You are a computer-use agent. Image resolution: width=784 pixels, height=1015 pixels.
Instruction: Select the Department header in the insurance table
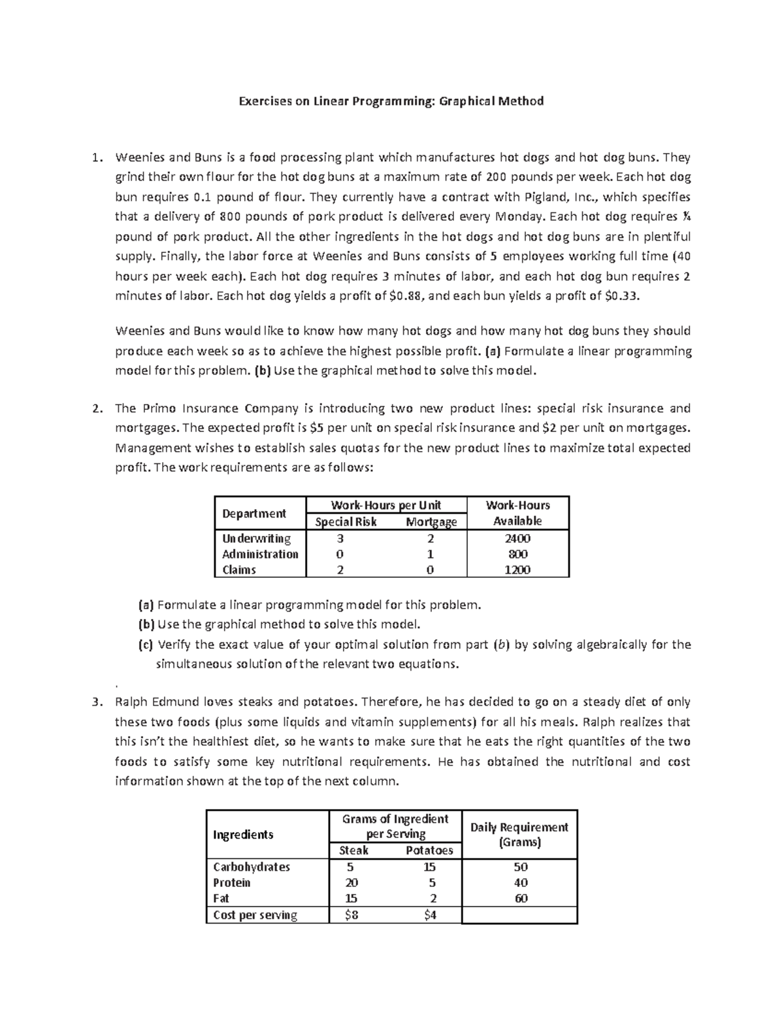pos(254,513)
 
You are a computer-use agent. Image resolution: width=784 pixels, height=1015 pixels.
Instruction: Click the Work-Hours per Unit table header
pos(385,505)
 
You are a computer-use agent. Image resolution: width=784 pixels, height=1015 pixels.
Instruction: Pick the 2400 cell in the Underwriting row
pos(517,539)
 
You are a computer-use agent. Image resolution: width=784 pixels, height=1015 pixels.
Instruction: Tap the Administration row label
pos(260,554)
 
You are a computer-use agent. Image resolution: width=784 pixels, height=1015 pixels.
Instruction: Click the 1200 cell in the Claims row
pos(517,570)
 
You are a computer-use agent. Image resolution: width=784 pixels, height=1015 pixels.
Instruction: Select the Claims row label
pos(239,570)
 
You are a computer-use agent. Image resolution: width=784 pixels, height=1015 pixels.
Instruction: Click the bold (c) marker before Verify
pos(145,644)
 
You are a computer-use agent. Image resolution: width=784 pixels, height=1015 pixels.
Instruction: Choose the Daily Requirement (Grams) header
pos(519,835)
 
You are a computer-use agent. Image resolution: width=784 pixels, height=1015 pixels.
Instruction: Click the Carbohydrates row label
pos(252,867)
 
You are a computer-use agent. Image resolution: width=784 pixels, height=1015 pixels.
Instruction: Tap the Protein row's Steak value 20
pos(351,882)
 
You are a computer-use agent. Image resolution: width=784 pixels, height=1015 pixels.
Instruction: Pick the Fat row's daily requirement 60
pos(521,898)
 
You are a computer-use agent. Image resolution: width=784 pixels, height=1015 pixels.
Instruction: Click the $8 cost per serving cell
pos(351,915)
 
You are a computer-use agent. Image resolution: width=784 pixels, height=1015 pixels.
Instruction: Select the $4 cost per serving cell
pos(430,915)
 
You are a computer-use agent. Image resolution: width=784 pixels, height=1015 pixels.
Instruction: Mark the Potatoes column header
pos(429,850)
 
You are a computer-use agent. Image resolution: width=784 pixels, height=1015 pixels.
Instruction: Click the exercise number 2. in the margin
pos(97,408)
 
